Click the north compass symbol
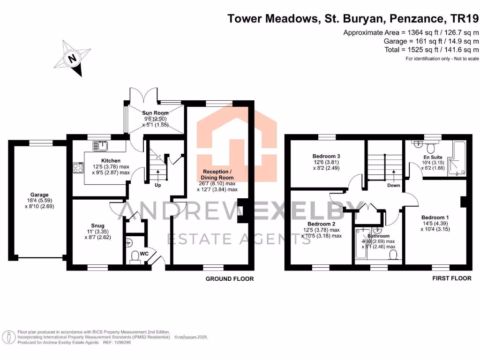tap(73, 59)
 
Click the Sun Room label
tap(154, 113)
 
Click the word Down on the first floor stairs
tap(393, 185)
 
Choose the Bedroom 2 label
tap(320, 224)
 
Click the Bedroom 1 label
tap(435, 217)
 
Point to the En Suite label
tap(433, 157)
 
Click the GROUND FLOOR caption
tap(230, 279)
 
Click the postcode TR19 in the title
tap(465, 19)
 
